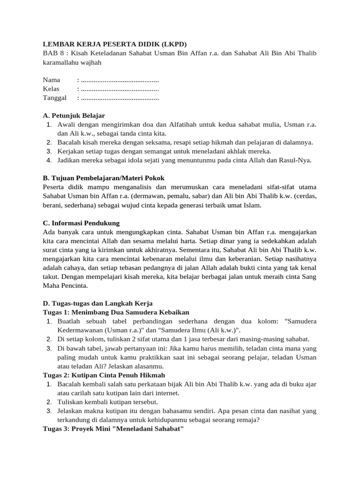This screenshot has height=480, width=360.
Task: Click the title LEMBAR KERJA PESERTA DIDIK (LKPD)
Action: tap(114, 45)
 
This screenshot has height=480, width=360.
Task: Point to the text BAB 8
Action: tap(52, 53)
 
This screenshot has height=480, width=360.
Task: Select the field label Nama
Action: tap(52, 80)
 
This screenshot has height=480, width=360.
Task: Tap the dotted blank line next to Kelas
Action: tap(120, 89)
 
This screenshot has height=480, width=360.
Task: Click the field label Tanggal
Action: tap(55, 98)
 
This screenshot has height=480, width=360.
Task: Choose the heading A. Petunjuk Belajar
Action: tap(74, 115)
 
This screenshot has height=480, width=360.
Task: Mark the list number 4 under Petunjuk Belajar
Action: tap(49, 160)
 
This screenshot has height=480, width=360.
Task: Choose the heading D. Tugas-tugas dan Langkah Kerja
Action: tap(97, 303)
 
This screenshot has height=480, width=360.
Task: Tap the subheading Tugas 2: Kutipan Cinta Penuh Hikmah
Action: tap(104, 375)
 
